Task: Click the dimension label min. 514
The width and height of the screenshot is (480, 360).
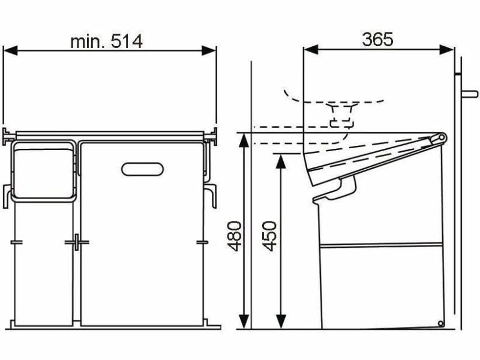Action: coord(107,41)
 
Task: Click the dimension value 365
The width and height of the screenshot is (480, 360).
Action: coord(377,40)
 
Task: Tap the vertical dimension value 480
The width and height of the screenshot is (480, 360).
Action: coord(235,235)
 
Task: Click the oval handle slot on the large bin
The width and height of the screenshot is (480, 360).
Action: coord(142,169)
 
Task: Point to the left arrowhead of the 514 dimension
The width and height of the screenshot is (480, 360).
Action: coord(10,51)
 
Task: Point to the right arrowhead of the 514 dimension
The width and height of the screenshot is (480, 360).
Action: coord(209,51)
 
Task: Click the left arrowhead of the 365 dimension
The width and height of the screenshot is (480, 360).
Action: coord(311,50)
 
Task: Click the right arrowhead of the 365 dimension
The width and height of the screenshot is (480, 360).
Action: coord(446,50)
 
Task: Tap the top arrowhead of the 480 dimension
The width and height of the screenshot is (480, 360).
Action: coord(244,140)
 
